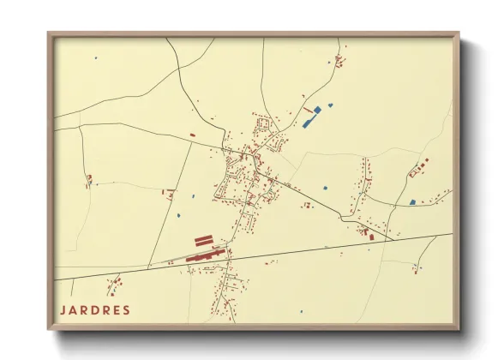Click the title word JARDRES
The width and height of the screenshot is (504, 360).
(94, 309)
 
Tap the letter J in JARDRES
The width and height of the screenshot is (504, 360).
(62, 309)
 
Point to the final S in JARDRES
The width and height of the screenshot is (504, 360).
(127, 309)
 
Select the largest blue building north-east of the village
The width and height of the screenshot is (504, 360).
(310, 119)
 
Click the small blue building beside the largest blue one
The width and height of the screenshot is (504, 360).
(331, 105)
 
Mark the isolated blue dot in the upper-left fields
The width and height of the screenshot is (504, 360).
(96, 58)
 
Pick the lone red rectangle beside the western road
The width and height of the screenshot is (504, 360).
(192, 135)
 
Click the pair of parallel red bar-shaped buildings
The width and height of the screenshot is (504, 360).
(203, 242)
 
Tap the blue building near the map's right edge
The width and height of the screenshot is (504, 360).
(412, 202)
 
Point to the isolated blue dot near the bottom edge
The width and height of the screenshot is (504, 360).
(301, 310)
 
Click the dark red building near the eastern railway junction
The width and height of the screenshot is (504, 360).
(371, 236)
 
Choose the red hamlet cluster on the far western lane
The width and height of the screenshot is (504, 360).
(88, 180)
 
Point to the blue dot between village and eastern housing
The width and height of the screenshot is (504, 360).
(325, 187)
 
